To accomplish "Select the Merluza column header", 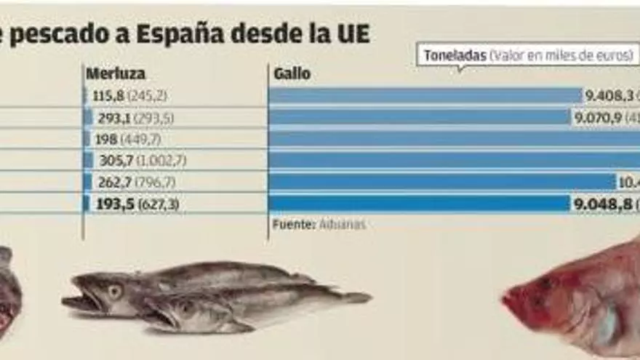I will point(116,73).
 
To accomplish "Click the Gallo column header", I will point(292,73).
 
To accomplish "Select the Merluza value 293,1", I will point(109,117).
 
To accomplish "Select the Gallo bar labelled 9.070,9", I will point(419,117).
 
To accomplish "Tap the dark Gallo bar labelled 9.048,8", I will point(419,204).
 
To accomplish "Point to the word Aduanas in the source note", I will point(342,225).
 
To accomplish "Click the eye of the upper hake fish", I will point(114,291).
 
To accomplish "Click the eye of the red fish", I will point(547,284).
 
